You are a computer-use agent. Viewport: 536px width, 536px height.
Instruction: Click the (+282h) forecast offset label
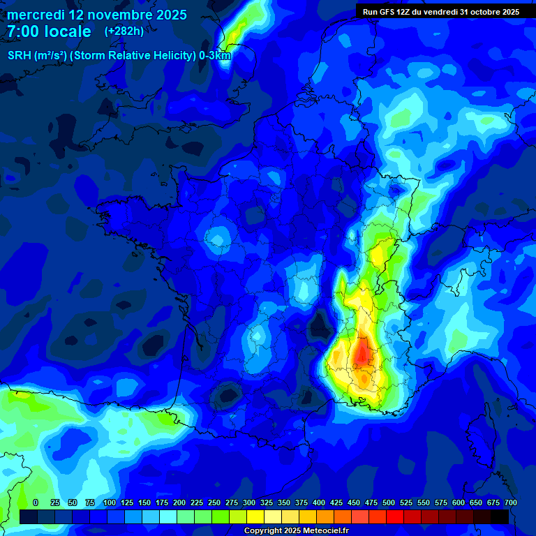point(124,31)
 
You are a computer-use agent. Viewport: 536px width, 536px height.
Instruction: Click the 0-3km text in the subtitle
point(214,56)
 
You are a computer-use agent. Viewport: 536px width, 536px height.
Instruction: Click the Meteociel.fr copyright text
point(296,531)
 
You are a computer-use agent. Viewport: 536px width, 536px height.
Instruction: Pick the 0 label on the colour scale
point(36,502)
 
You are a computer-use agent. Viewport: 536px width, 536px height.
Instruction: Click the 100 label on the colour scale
point(110,502)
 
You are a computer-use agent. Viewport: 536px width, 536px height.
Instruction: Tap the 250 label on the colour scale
point(214,502)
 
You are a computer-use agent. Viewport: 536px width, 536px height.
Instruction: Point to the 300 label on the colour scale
point(249,502)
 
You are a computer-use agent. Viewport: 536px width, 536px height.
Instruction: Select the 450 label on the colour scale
point(354,502)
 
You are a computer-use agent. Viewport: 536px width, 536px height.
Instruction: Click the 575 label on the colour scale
point(441,502)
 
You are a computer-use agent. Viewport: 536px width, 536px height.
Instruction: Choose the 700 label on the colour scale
point(511,502)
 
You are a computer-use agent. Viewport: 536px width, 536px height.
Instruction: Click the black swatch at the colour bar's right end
point(500,516)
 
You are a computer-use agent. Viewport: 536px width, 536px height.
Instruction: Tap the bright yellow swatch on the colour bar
point(255,516)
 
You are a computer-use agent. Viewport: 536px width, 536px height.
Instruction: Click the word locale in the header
point(68,31)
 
